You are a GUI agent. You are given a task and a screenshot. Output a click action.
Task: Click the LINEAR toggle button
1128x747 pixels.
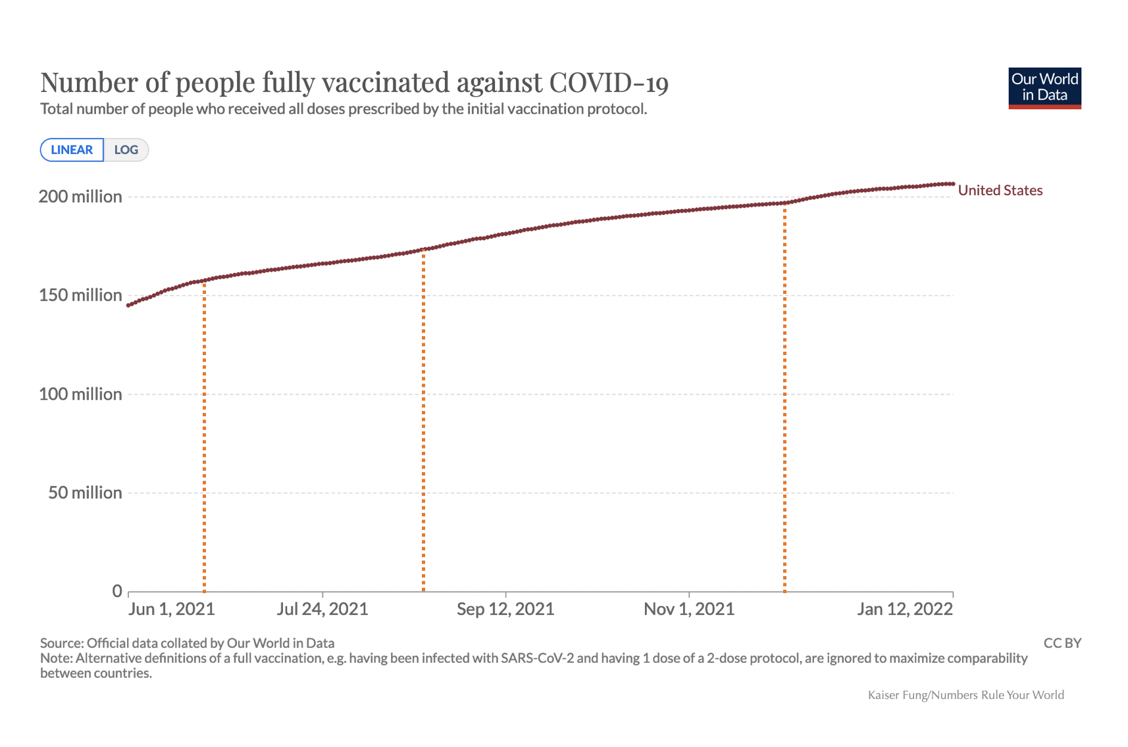pos(72,150)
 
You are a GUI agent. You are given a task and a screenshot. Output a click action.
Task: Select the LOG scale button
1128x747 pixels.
pos(126,150)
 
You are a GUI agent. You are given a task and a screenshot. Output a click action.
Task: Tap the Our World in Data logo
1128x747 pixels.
pos(1044,88)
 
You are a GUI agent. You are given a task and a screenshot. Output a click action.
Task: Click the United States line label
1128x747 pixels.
pos(1000,191)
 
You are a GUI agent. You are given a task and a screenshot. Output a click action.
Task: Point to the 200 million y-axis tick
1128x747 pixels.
pos(80,197)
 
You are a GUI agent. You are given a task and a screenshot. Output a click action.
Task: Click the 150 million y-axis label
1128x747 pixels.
pos(80,295)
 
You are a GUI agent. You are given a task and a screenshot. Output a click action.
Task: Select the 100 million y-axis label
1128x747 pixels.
pos(80,394)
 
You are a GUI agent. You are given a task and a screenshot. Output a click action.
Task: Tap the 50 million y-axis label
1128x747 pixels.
pos(85,493)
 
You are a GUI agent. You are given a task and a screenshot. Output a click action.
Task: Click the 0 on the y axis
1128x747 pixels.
pos(117,591)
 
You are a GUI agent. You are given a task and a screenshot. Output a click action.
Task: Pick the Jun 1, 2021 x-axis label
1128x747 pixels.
pos(172,609)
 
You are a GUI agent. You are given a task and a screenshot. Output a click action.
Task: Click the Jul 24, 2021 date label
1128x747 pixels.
pos(322,609)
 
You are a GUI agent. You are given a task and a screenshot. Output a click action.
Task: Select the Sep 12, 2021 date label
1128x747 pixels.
pos(505,609)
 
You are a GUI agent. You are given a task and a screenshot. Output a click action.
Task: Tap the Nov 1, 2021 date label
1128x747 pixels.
pos(689,609)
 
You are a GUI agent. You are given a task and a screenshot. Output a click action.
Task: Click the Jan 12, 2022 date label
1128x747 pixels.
pos(905,609)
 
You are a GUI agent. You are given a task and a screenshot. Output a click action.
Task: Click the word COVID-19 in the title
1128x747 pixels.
pos(609,83)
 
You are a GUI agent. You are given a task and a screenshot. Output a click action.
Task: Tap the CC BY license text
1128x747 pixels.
pos(1062,643)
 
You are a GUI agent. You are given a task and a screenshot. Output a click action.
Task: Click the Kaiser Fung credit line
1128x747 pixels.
pos(965,695)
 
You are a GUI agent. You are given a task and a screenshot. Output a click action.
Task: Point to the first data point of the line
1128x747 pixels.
pos(128,305)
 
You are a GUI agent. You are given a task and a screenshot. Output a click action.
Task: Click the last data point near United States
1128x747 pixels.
pos(952,184)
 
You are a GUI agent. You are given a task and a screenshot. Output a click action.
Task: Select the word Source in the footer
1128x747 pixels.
pos(61,643)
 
